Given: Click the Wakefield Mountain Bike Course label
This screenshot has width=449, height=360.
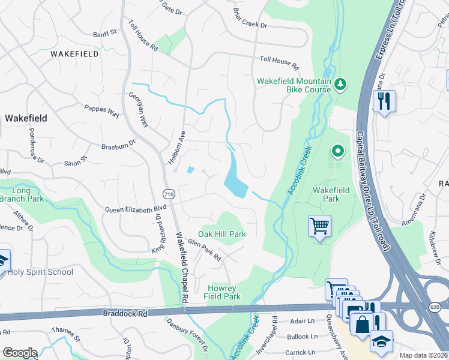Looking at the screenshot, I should point(294,85).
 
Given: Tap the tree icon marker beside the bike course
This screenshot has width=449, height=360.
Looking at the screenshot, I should point(341,84).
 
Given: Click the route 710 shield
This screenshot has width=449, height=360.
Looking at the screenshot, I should point(169,193).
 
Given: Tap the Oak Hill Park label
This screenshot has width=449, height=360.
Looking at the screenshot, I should point(222,234).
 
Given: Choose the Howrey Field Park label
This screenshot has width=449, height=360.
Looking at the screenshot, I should point(222,292).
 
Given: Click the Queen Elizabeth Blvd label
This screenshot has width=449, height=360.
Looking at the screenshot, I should point(135,209).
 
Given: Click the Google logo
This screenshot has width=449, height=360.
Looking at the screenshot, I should point(19,352).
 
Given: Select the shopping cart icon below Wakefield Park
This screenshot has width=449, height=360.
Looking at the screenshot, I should point(319,226).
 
